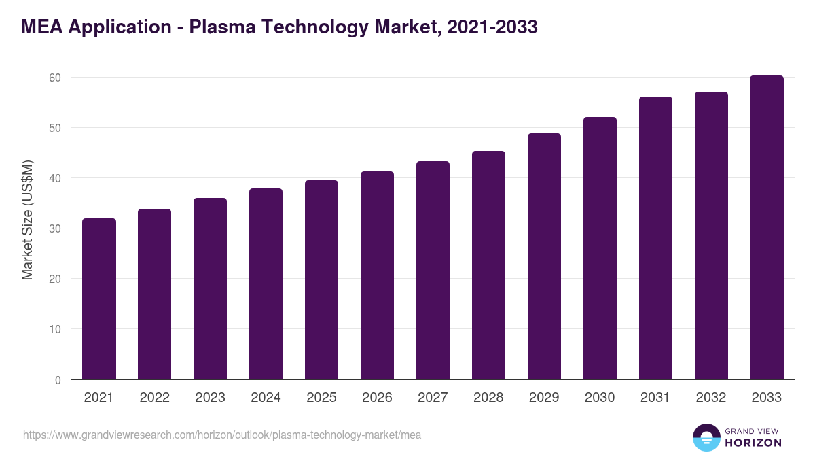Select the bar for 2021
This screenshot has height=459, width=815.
pyautogui.click(x=99, y=299)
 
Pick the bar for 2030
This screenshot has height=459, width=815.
pyautogui.click(x=600, y=248)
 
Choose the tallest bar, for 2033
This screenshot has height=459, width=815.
pyautogui.click(x=767, y=228)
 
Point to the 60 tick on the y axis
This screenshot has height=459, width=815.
pyautogui.click(x=54, y=78)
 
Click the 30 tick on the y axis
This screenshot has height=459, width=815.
pyautogui.click(x=54, y=228)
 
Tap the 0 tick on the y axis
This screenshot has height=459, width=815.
pyautogui.click(x=58, y=380)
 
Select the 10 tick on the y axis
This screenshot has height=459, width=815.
pyautogui.click(x=54, y=330)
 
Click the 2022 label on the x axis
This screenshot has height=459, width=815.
pyautogui.click(x=155, y=398)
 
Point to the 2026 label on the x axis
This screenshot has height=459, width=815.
pyautogui.click(x=377, y=398)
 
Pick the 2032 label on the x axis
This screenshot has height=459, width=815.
pyautogui.click(x=711, y=398)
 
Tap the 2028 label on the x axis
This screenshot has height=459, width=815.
pyautogui.click(x=488, y=398)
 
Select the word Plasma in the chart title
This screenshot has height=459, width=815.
pyautogui.click(x=225, y=27)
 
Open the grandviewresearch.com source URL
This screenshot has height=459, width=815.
pyautogui.click(x=222, y=435)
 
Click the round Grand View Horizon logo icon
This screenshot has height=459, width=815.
pyautogui.click(x=706, y=437)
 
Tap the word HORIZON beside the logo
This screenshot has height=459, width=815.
pyautogui.click(x=753, y=443)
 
